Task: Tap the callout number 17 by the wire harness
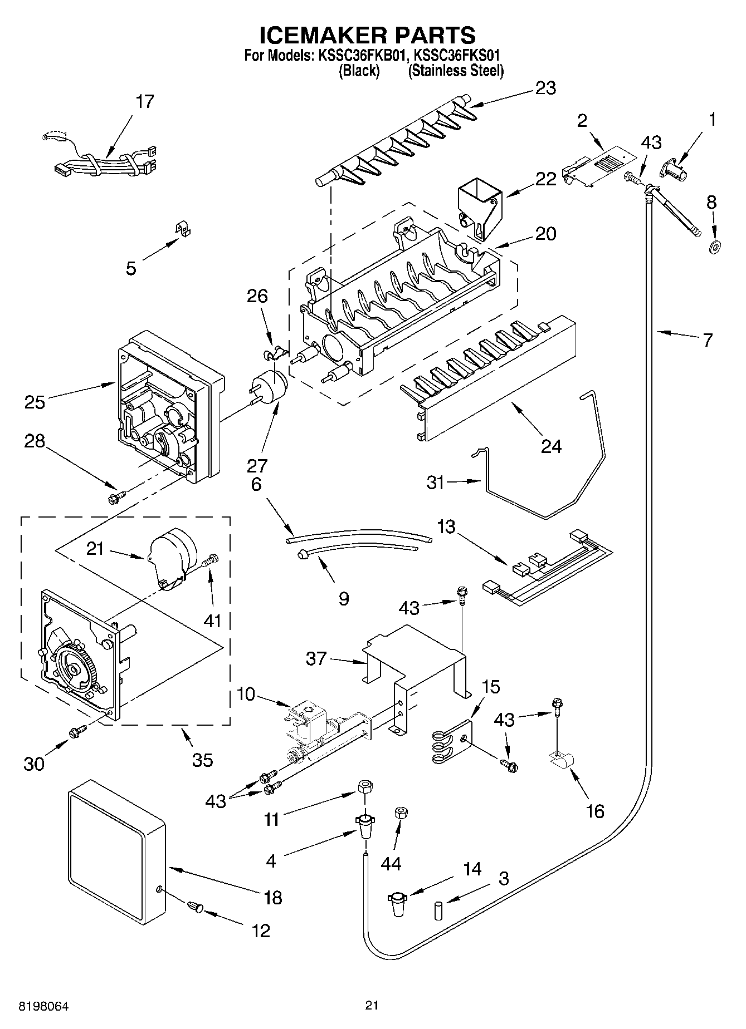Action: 144,102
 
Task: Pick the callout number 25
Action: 35,401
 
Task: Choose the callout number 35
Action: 202,760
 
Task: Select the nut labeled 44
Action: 399,813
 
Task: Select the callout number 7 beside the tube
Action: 707,340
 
